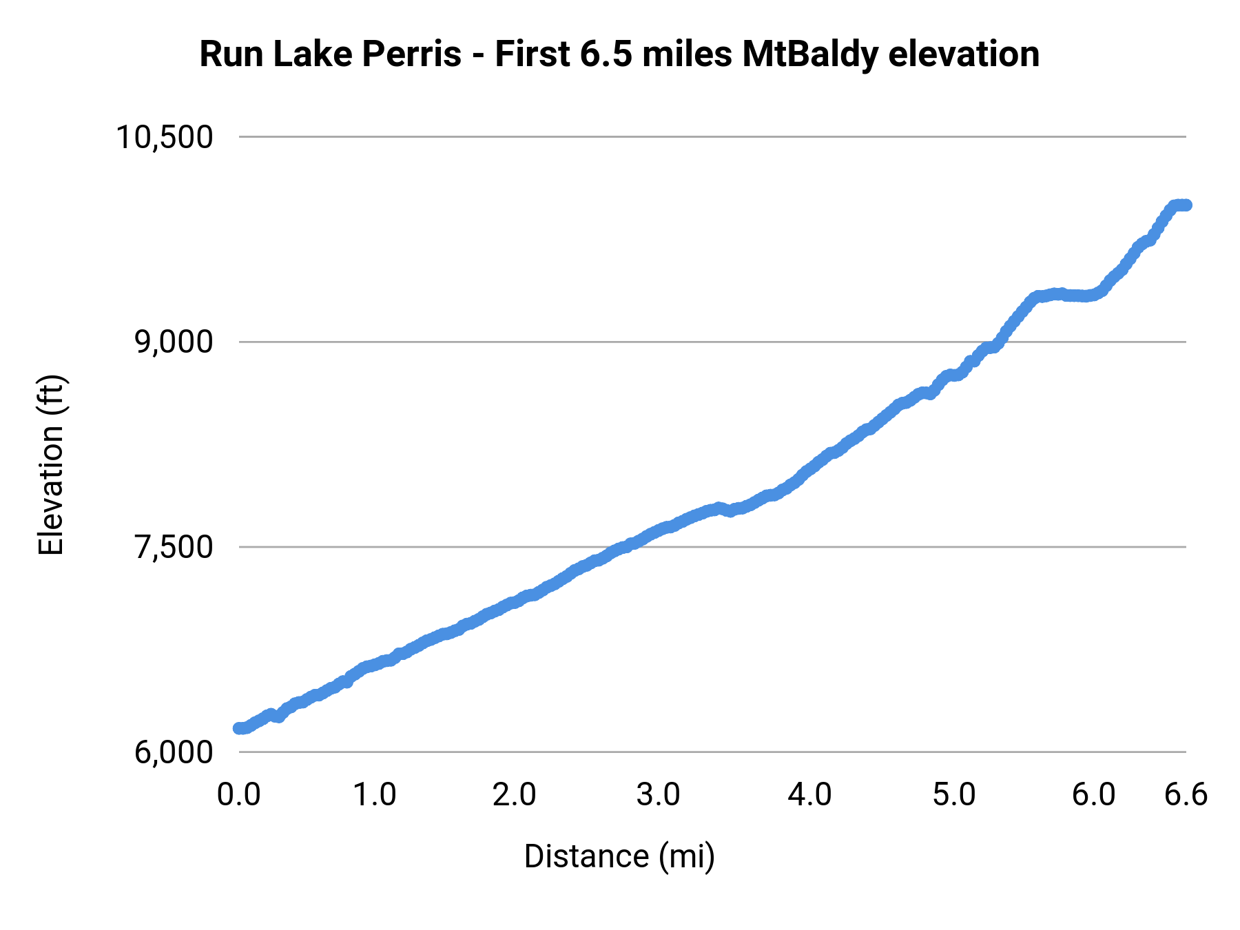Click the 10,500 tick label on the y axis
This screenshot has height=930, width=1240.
(x=164, y=137)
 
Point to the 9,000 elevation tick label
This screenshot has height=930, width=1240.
(x=174, y=342)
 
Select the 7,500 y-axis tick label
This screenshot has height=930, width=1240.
(x=174, y=547)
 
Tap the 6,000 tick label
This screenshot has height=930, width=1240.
(x=174, y=752)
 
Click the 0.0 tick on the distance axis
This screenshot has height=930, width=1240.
(x=239, y=795)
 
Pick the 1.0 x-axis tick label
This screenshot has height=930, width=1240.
(x=375, y=795)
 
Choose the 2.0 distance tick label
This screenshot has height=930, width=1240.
(x=515, y=795)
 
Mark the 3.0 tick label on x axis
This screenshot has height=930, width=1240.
(x=658, y=795)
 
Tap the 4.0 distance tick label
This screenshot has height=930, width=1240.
(x=810, y=795)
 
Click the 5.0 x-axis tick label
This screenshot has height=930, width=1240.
(x=954, y=795)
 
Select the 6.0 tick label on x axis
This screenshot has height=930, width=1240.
(x=1094, y=795)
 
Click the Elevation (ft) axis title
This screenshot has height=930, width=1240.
(x=51, y=465)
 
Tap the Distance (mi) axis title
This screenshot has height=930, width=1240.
(x=619, y=856)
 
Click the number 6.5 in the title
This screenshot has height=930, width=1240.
(x=605, y=54)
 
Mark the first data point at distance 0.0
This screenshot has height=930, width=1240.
(x=239, y=728)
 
